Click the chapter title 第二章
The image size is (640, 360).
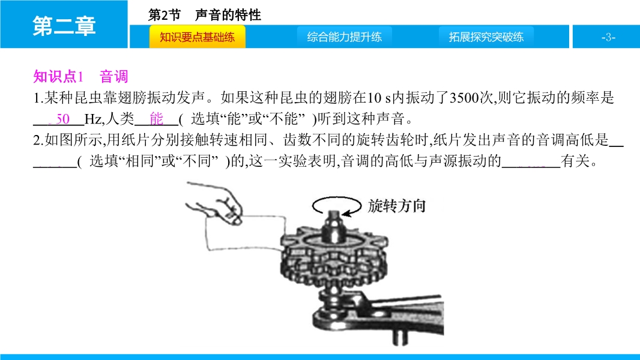64,26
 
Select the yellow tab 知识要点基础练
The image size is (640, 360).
198,37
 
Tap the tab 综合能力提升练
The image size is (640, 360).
345,37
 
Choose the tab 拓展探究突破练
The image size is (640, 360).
486,37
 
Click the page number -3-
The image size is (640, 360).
608,38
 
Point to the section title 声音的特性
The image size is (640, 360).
228,15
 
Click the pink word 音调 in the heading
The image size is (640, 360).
114,77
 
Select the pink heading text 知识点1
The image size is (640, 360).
58,77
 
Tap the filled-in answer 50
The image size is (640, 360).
63,119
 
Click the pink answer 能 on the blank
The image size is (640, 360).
156,119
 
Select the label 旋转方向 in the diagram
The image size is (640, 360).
397,206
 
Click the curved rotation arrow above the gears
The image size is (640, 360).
336,199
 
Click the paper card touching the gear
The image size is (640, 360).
245,232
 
